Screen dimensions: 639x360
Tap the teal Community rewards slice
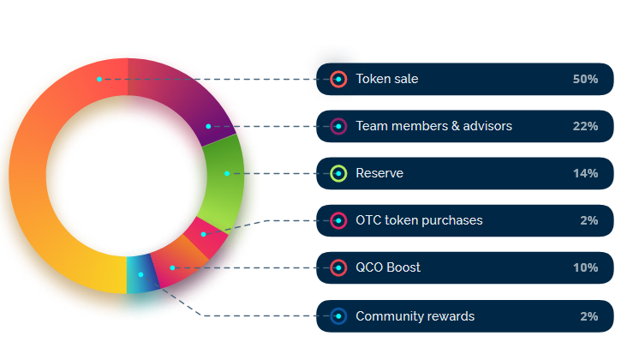140,275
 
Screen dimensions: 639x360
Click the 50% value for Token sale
585,79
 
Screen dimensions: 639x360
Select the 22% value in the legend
585,126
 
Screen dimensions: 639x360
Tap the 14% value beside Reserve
585,173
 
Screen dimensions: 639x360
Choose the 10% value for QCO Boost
585,268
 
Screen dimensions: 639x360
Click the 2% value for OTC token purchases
588,220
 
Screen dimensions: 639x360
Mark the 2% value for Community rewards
588,316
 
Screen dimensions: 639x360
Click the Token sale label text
387,79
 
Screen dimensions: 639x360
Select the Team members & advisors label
433,126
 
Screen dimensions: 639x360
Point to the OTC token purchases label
419,220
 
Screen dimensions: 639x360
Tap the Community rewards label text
415,316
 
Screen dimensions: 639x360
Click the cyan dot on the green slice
227,173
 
